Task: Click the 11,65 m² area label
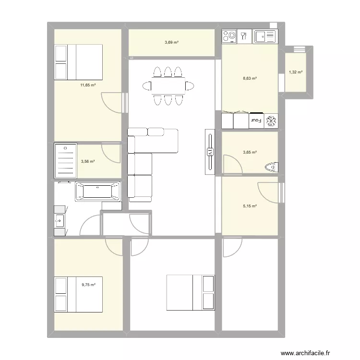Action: (x=88, y=85)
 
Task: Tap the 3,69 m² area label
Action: (x=171, y=42)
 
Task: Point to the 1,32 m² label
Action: (x=295, y=72)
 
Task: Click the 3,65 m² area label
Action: (x=250, y=153)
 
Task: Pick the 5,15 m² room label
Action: (x=250, y=206)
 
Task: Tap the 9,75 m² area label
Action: (x=88, y=285)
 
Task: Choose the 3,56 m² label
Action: (x=88, y=161)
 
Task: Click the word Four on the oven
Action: (x=255, y=120)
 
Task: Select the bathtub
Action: (x=98, y=191)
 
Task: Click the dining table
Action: (x=168, y=86)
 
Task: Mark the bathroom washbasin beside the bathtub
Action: (x=60, y=221)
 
